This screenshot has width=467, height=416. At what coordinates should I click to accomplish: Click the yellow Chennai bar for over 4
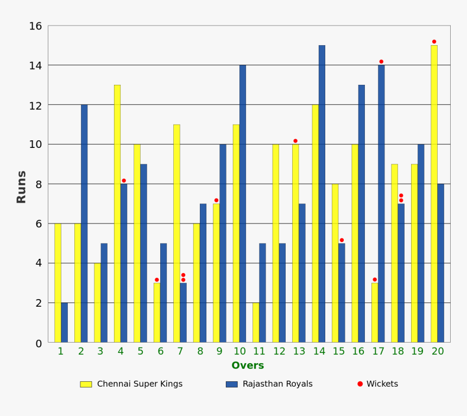click(117, 213)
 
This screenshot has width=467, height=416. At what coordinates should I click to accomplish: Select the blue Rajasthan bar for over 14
click(322, 194)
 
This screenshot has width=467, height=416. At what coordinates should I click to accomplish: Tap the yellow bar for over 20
click(434, 194)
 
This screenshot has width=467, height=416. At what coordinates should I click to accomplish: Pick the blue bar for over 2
click(84, 223)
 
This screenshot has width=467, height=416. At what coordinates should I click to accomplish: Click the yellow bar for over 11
click(256, 322)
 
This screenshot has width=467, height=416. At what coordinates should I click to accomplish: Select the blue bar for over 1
click(64, 322)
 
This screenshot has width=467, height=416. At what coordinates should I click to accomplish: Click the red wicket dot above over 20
click(434, 41)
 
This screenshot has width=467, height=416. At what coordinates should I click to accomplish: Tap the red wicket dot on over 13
click(295, 141)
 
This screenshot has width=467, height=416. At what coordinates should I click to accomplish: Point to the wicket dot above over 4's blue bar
click(124, 181)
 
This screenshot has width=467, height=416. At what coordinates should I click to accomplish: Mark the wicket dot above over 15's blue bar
click(342, 240)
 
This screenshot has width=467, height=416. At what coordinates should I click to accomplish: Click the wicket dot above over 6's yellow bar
click(157, 280)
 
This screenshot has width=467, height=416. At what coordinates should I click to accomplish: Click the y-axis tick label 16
click(35, 26)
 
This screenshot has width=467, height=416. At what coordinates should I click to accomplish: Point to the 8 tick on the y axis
click(39, 184)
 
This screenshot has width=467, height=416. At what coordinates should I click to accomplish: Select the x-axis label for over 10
click(239, 351)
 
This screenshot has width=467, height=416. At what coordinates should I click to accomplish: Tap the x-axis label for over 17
click(378, 351)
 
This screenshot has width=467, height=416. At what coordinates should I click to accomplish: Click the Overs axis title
click(248, 366)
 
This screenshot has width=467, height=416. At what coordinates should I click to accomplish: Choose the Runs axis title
click(21, 187)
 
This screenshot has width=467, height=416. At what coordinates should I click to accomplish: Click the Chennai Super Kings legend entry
click(131, 384)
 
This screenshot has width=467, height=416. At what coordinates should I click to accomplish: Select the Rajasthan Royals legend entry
click(269, 384)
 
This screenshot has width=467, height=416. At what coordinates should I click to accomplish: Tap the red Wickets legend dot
click(360, 384)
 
